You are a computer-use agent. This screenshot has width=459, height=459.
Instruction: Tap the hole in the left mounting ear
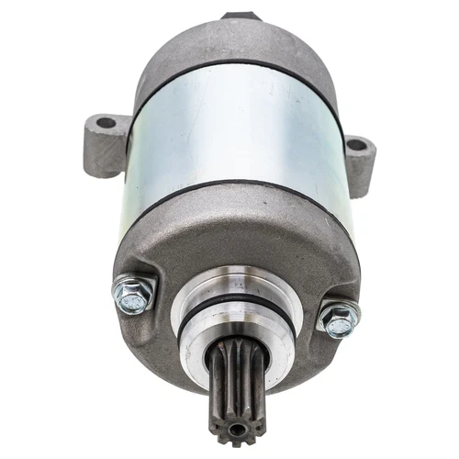pyautogui.click(x=106, y=121)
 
